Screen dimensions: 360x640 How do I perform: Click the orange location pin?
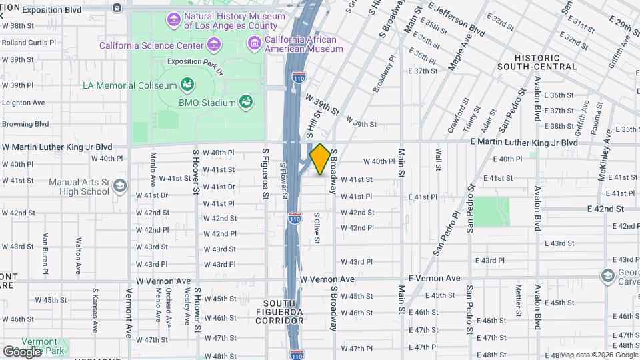pyautogui.click(x=320, y=159)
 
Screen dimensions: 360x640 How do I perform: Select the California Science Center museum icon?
pyautogui.click(x=213, y=45)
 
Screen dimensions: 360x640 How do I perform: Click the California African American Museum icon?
pyautogui.click(x=254, y=43)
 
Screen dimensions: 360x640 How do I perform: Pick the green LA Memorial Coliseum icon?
pyautogui.click(x=187, y=85)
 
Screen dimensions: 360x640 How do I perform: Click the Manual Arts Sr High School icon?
pyautogui.click(x=119, y=185)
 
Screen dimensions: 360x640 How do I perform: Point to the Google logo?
pyautogui.click(x=23, y=351)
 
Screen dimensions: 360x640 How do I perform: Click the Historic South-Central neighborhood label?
pyautogui.click(x=536, y=62)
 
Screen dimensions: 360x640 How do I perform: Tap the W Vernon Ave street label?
pyautogui.click(x=327, y=279)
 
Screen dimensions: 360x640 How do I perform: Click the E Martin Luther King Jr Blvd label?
pyautogui.click(x=524, y=143)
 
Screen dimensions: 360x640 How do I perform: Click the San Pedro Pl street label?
pyautogui.click(x=447, y=234)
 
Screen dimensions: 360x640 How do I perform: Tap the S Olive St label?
pyautogui.click(x=317, y=229)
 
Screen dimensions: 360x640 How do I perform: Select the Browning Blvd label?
pyautogui.click(x=25, y=123)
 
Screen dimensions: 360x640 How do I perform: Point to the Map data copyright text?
pyautogui.click(x=599, y=354)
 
